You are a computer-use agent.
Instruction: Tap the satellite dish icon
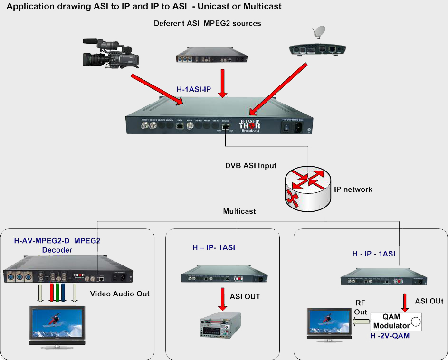coord(318,33)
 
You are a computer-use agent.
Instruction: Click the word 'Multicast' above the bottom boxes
coord(239,211)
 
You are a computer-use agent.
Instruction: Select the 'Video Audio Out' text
coord(120,294)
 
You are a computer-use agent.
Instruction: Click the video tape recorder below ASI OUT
coord(220,325)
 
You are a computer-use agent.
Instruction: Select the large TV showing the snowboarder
coord(57,325)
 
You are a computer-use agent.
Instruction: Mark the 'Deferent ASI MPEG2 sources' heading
coord(207,23)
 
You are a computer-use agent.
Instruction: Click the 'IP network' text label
coord(353,189)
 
